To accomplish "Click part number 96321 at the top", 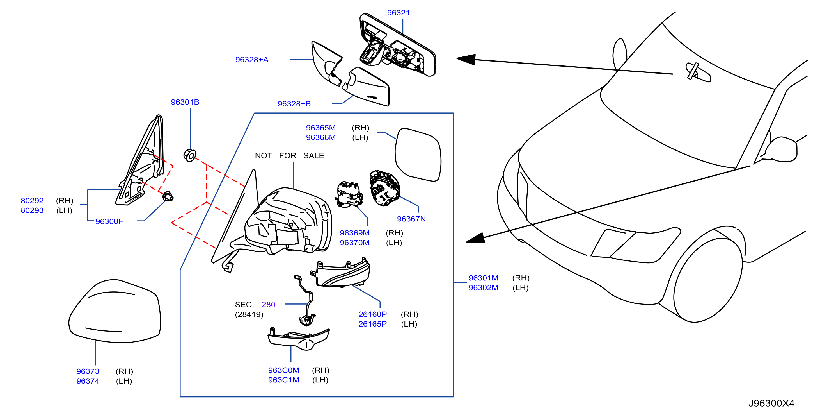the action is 398,13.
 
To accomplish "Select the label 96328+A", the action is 252,60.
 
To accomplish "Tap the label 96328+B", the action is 294,104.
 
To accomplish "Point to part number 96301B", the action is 185,102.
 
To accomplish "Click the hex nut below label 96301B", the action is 189,155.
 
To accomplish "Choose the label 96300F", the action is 109,221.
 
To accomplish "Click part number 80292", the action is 32,200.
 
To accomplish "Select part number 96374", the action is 88,381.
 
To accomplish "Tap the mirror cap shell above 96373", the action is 114,311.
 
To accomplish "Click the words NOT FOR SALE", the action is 289,156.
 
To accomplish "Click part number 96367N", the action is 411,219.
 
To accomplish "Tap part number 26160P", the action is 373,314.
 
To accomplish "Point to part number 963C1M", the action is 284,380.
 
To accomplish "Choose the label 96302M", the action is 483,287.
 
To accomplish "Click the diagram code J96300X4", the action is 771,403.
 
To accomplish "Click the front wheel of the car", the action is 708,279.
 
